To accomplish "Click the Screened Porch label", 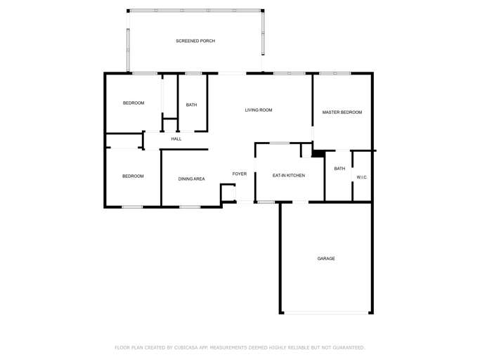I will coord(195,41).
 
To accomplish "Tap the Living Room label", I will coord(259,110).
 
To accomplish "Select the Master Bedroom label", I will coord(342,112).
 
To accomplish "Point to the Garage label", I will coord(326,259).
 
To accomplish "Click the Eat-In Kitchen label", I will coord(289,175).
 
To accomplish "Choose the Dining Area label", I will coord(191,179).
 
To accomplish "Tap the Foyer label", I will coord(240,174).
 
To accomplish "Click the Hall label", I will coord(176,139).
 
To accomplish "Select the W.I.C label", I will coord(361,177).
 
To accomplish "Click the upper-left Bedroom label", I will coord(134,103).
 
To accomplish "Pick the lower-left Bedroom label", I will coord(133,176).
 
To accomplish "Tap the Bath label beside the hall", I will coord(191,105).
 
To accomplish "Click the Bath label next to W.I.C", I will coord(339,169).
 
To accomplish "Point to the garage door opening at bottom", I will coord(326,313).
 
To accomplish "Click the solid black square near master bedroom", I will coord(318,153).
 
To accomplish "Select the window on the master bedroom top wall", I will coord(335,73).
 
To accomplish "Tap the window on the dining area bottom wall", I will coord(190,207).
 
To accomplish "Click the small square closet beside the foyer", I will coord(228,193).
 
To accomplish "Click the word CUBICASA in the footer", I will coord(188,347).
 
